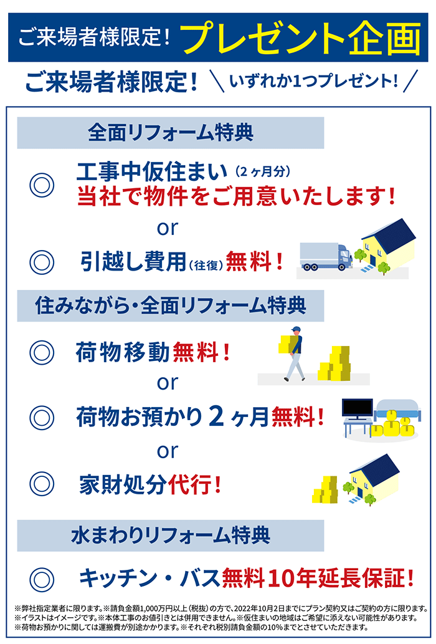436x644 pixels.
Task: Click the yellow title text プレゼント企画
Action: [300, 38]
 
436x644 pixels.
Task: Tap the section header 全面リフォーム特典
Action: [171, 133]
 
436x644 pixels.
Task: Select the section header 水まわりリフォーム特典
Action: [171, 535]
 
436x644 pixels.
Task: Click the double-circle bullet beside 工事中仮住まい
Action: [42, 185]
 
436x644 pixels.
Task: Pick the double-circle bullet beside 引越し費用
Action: [42, 262]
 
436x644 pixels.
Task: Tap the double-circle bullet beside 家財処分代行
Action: [42, 484]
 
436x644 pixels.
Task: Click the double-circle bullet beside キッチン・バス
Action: [42, 579]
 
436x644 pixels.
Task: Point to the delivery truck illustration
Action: [326, 256]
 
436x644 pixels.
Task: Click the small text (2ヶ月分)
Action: [263, 171]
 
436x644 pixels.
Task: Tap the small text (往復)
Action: [206, 265]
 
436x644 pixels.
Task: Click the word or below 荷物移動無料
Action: [168, 383]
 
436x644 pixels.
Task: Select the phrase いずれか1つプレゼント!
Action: [314, 80]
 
